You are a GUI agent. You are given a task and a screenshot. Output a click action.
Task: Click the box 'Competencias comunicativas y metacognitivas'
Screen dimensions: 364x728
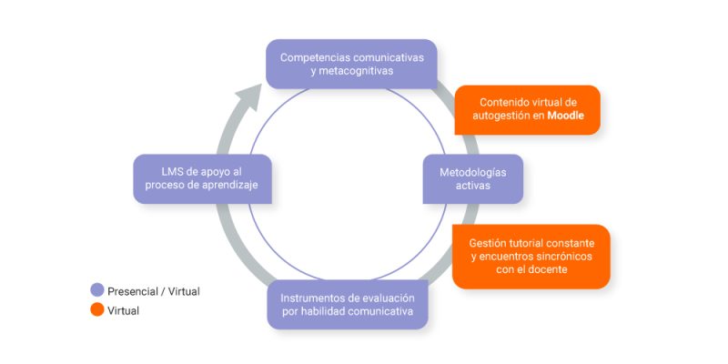(351, 63)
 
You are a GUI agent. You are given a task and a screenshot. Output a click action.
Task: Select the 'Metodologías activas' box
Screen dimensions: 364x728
(472, 178)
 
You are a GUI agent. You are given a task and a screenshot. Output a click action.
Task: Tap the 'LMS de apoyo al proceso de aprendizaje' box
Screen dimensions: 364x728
(203, 178)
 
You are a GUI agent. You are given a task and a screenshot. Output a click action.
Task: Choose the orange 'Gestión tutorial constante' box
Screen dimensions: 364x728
(531, 257)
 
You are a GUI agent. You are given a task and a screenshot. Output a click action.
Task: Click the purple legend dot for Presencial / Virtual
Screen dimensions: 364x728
(97, 291)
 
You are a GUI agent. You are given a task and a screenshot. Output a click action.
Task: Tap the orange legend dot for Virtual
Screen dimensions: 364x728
(97, 310)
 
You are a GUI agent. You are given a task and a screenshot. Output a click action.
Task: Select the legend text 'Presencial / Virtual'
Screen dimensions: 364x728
(154, 291)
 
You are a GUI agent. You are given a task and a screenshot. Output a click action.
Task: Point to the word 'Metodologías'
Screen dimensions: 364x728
(472, 171)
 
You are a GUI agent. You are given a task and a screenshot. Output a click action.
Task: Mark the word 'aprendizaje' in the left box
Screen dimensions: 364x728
(234, 186)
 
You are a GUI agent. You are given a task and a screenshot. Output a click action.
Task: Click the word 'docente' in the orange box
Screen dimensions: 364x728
(550, 269)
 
